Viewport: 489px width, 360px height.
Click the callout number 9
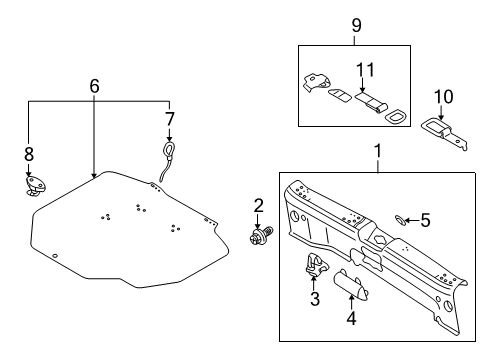click(356, 25)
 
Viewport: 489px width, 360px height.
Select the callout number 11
click(365, 70)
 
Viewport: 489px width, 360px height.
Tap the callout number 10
click(443, 97)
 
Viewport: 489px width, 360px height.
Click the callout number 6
click(94, 86)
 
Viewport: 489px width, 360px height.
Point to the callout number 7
click(170, 119)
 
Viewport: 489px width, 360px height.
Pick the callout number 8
click(29, 154)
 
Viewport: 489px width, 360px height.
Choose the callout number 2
click(258, 205)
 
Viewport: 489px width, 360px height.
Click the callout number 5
click(425, 220)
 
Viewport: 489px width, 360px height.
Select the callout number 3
click(315, 298)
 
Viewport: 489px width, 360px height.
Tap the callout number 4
click(351, 318)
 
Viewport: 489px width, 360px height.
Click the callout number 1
click(378, 151)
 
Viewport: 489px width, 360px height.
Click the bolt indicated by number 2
click(261, 235)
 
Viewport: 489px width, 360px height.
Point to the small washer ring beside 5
click(400, 220)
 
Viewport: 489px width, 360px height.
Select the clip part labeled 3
click(315, 265)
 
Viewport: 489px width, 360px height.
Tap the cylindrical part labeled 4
click(351, 282)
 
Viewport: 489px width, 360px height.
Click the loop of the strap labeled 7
click(169, 148)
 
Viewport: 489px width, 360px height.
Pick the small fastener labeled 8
click(35, 186)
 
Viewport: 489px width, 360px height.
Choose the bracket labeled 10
click(444, 132)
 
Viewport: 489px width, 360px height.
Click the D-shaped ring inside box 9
click(394, 117)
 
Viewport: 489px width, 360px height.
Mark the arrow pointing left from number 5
click(412, 220)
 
